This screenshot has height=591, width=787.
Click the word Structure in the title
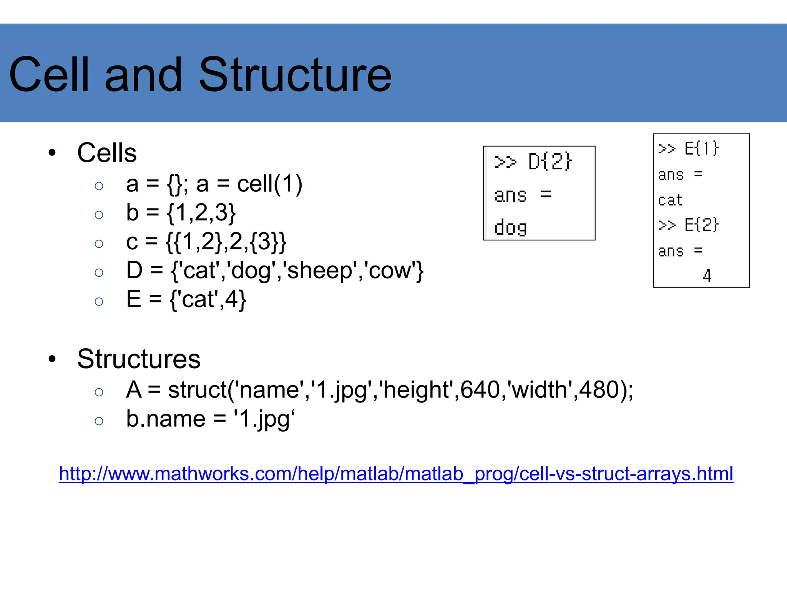coord(295,75)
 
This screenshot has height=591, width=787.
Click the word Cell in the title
coord(49,75)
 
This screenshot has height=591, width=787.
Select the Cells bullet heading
coord(107,153)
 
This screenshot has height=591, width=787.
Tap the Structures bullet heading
coord(139,359)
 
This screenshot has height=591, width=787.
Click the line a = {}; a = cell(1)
coord(214,184)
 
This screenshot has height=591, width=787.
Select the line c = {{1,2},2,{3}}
coord(206,242)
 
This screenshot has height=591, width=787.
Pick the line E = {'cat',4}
coord(186,299)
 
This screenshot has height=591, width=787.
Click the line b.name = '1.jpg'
coord(210,419)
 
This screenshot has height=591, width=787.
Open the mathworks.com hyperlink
coord(396,474)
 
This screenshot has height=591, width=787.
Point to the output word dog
coord(510,227)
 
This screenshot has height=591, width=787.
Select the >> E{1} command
coord(688,149)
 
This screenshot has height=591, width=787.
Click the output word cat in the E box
coord(670,200)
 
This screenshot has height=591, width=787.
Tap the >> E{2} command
coord(688,225)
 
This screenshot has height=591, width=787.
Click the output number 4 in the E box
coord(707,275)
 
